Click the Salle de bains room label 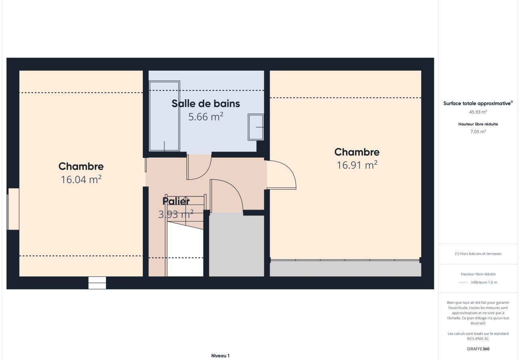[x=206, y=104]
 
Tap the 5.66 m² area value [x=206, y=116]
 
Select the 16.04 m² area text [x=81, y=180]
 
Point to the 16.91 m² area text [x=357, y=165]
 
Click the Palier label [x=176, y=201]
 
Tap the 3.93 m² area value [x=176, y=214]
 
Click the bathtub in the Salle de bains [x=164, y=116]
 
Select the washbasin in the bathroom [x=256, y=127]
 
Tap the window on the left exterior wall [x=13, y=209]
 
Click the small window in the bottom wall [x=97, y=283]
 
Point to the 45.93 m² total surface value [x=478, y=112]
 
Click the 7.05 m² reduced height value [x=478, y=131]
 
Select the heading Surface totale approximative [x=477, y=104]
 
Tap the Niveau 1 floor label [x=220, y=356]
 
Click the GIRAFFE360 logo [x=478, y=349]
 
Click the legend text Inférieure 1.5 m [x=484, y=282]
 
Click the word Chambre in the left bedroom [x=81, y=166]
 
